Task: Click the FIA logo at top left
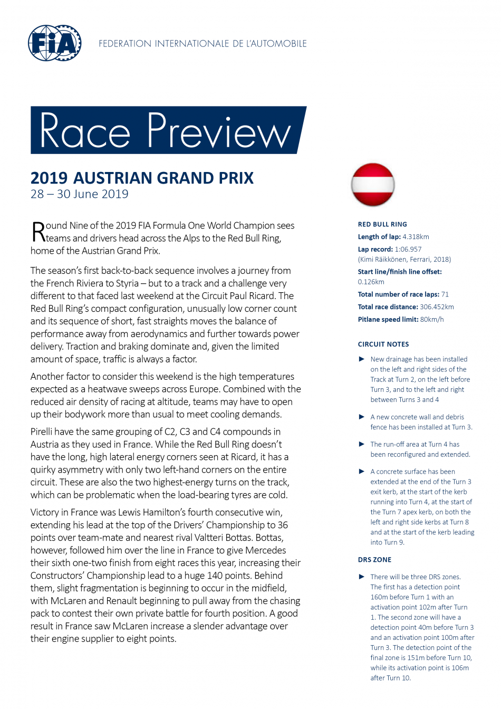[54, 43]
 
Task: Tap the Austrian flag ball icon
[373, 185]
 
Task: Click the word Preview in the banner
[219, 131]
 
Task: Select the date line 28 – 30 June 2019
[79, 194]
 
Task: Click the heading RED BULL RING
[382, 224]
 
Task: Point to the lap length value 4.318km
[416, 237]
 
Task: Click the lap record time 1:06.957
[408, 249]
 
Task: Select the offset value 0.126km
[371, 282]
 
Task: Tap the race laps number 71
[445, 294]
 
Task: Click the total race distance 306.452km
[437, 307]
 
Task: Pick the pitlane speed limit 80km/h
[432, 319]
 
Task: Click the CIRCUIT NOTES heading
[383, 344]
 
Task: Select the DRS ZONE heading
[374, 560]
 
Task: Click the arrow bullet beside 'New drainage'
[362, 359]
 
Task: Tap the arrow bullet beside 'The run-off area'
[362, 444]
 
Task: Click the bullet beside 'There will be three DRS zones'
[362, 577]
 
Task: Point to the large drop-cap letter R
[38, 232]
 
